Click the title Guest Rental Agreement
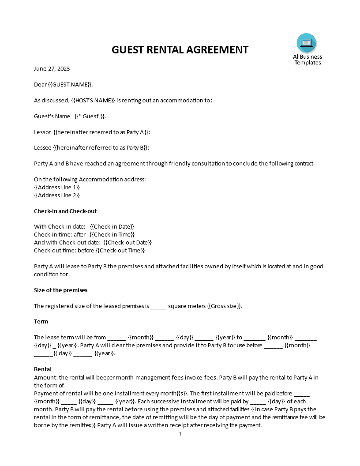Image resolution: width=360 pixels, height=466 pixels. tap(180, 49)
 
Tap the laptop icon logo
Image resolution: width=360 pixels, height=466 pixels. tap(306, 43)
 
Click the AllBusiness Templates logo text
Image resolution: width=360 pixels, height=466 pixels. tap(307, 60)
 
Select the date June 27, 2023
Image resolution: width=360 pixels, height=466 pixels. tap(52, 68)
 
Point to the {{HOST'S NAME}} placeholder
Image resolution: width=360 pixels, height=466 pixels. tap(93, 100)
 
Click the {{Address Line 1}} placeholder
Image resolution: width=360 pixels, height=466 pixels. tap(57, 187)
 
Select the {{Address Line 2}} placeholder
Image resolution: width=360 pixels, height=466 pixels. tap(57, 195)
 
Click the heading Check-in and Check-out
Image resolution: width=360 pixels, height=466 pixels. tap(65, 211)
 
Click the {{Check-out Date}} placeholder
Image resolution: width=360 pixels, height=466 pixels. tap(127, 242)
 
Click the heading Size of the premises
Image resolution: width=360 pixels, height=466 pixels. tap(60, 290)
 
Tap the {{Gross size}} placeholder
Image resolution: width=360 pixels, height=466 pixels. tap(225, 306)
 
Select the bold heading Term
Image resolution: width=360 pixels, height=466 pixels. tap(41, 321)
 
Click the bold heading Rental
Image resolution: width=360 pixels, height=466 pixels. tap(42, 369)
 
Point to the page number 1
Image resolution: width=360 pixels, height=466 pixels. tap(180, 434)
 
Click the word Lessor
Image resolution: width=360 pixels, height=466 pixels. tap(42, 132)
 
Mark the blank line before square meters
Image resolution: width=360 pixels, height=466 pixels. tap(158, 306)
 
